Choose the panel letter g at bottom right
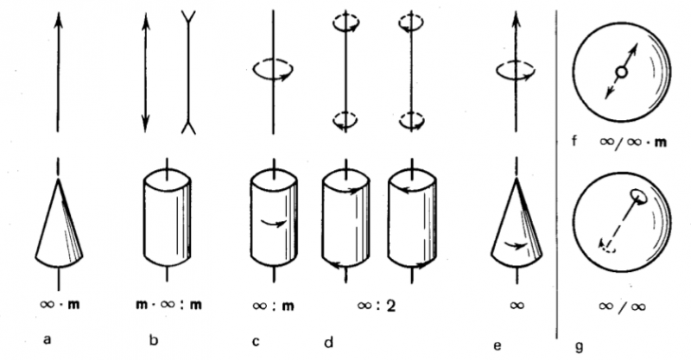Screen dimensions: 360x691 tap(580, 344)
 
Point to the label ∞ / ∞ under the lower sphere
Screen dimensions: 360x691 tap(623, 306)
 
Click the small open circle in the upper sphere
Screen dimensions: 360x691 tap(619, 73)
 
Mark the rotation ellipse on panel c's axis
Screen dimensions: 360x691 tap(273, 68)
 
